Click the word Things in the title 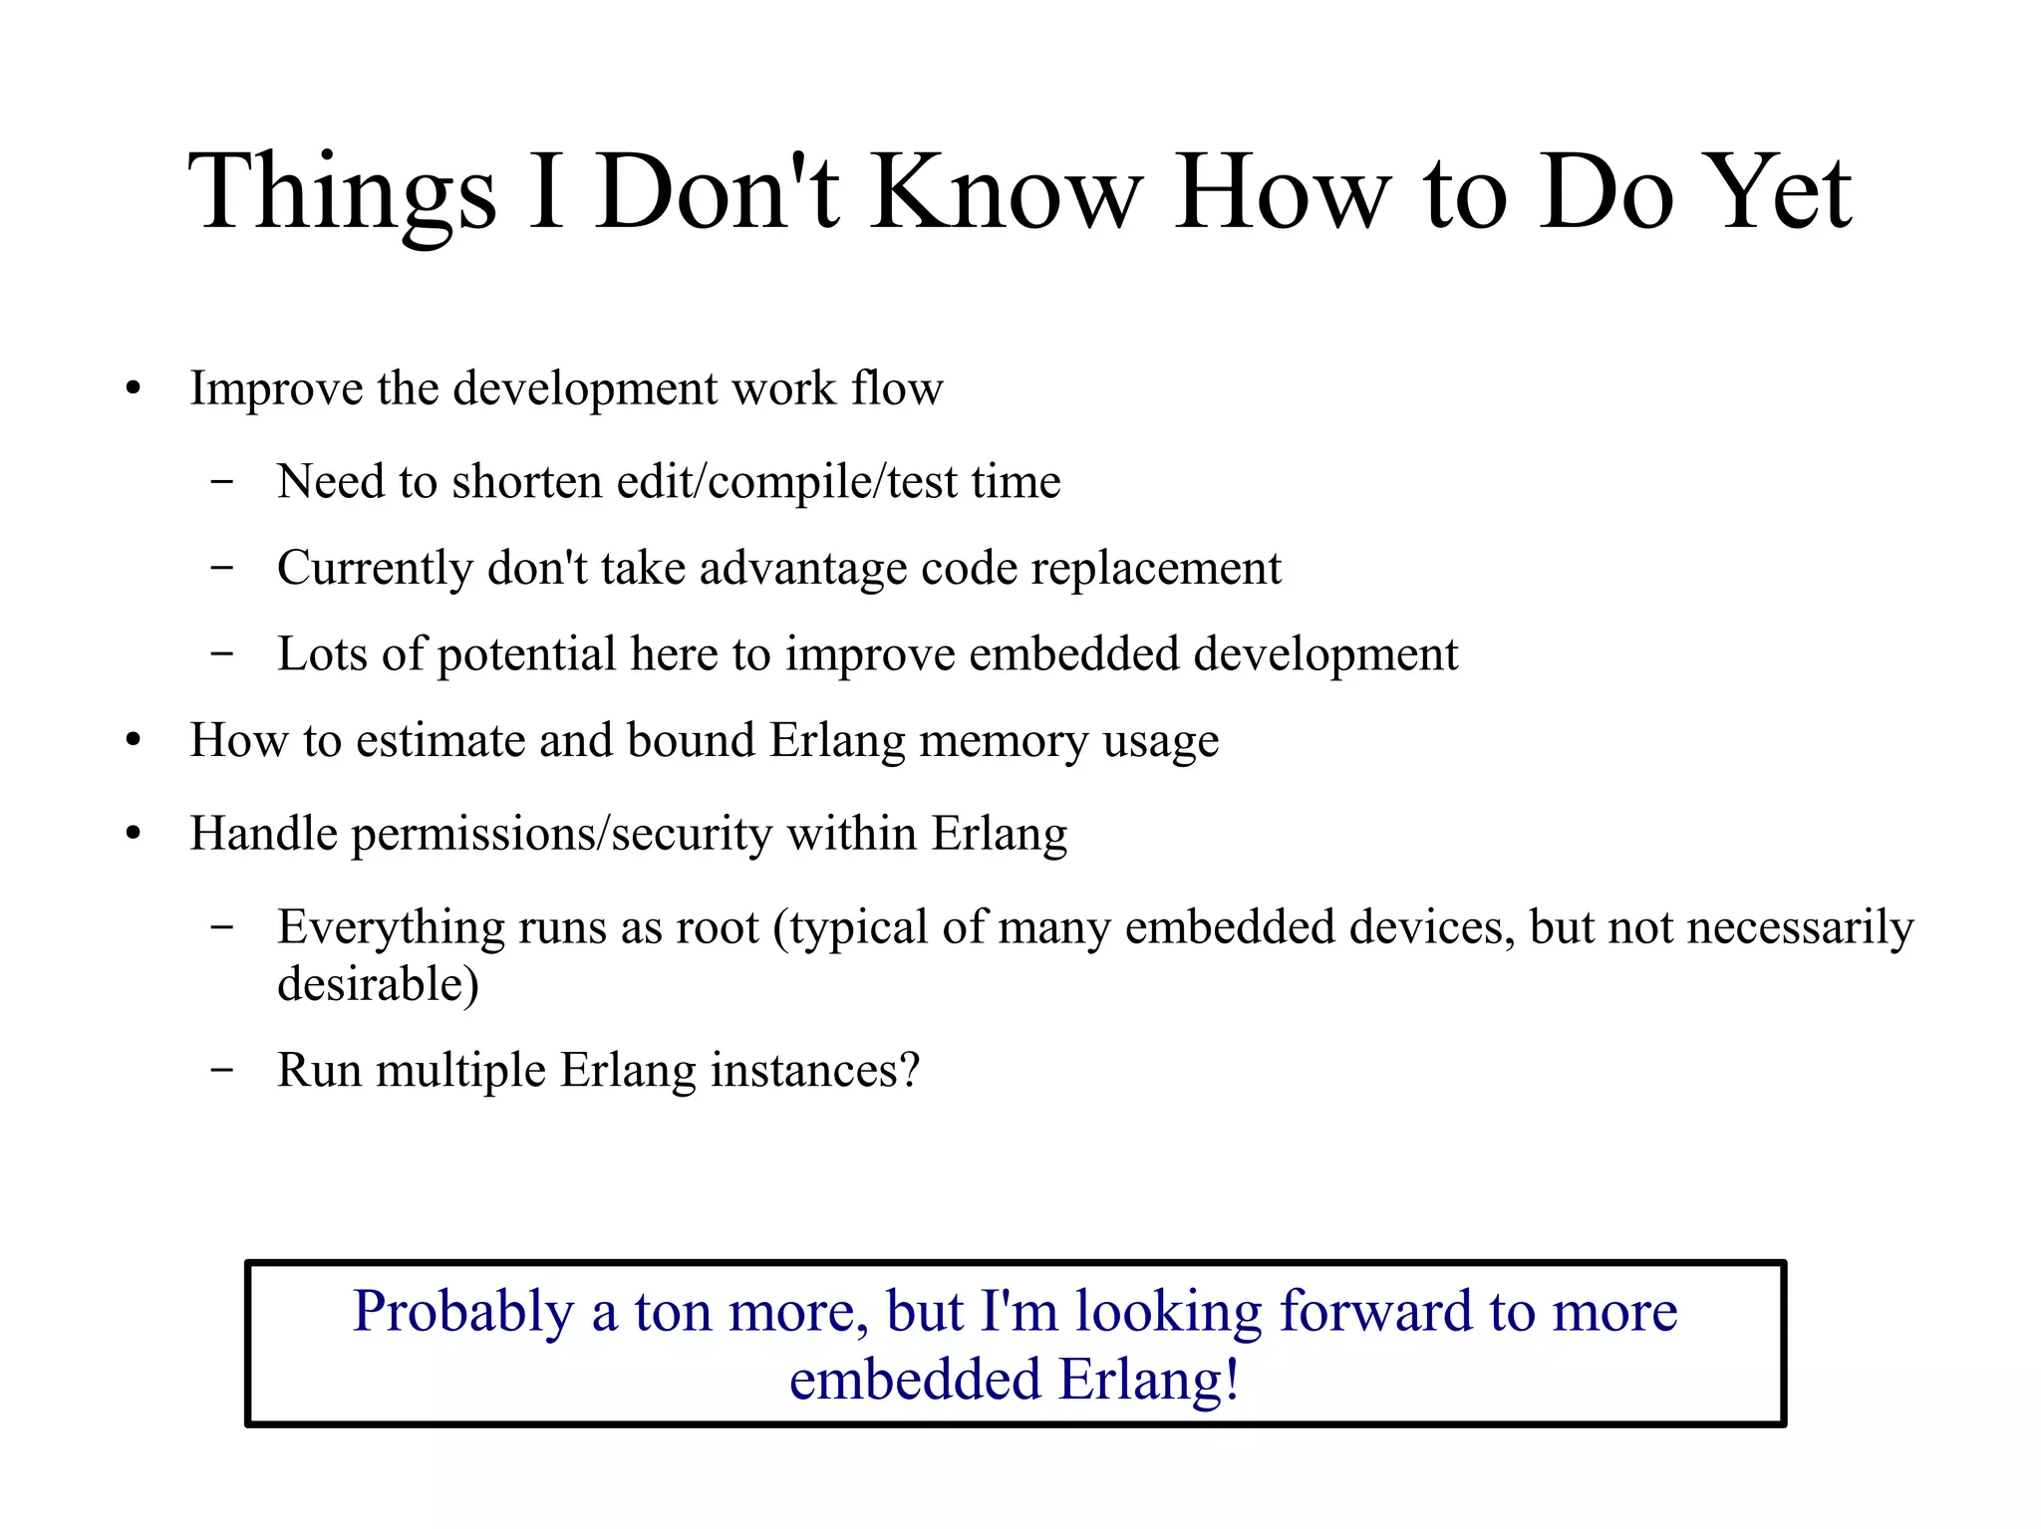click(x=342, y=192)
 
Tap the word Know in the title click(x=1007, y=192)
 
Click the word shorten click(x=526, y=482)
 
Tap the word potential click(x=527, y=655)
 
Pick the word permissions click(x=471, y=834)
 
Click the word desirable click(x=378, y=985)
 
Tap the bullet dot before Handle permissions click(x=134, y=835)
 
